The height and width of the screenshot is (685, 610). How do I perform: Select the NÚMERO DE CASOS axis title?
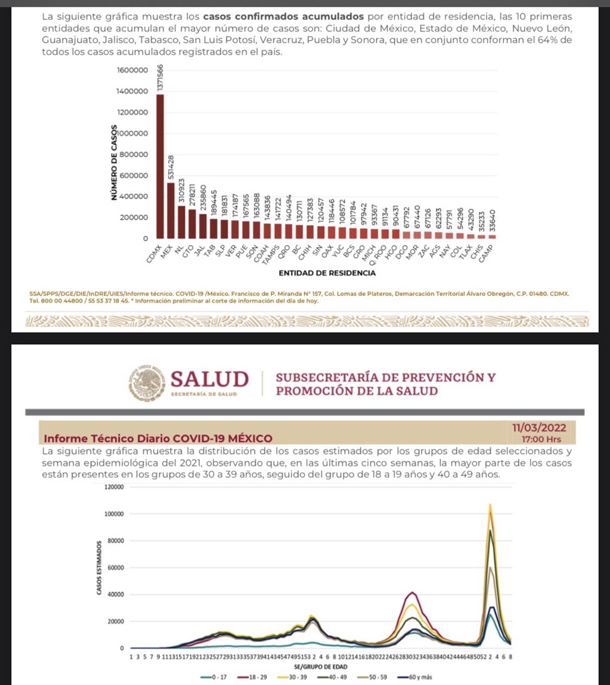(113, 164)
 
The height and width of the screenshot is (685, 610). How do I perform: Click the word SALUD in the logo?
(209, 379)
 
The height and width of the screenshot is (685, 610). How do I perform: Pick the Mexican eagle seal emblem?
(148, 383)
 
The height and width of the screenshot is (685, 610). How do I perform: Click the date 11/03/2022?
(539, 428)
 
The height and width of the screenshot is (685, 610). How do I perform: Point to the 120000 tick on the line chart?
(113, 487)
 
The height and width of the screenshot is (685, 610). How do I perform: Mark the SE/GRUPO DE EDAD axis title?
(320, 667)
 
